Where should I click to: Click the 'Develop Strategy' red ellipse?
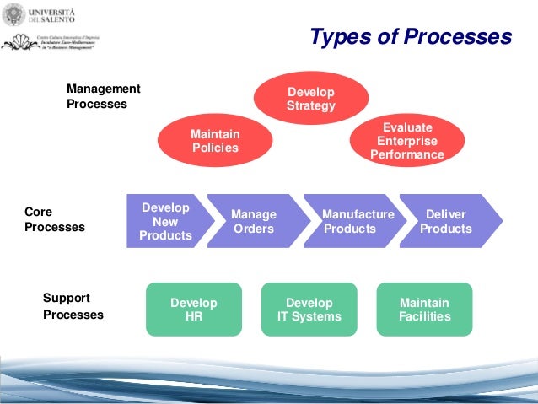coord(311,99)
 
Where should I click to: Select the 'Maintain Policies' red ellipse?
coord(215,141)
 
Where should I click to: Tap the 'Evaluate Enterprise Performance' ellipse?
coord(406,141)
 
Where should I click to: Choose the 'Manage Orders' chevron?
coord(254,221)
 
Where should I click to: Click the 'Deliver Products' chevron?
coord(447,221)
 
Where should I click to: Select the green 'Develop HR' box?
coord(194,310)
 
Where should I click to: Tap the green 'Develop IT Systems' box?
coord(309,310)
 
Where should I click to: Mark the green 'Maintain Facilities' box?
coord(424,310)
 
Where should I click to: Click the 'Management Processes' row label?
coord(104,96)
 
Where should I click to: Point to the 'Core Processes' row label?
coord(54,220)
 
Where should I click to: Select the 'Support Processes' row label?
coord(73,306)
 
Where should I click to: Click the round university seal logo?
coord(14,14)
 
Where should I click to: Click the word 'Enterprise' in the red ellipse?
coord(406,141)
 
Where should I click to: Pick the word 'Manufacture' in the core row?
coord(358,214)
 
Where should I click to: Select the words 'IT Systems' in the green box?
coord(309,317)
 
